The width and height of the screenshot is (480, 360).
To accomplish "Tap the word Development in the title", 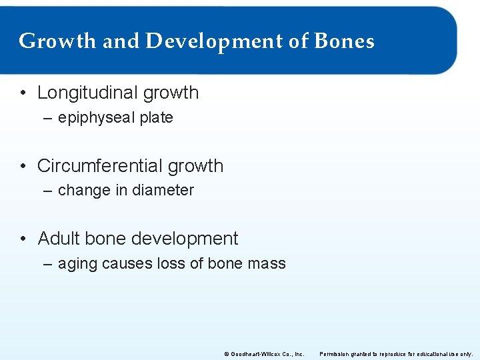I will point(213,41).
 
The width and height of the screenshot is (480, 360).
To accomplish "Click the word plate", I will point(157,118).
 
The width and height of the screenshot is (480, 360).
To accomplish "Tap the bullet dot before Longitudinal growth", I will point(23,93).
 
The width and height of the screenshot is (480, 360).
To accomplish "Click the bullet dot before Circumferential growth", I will point(23,166).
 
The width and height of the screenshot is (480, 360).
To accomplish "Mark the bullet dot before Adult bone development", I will point(23,239).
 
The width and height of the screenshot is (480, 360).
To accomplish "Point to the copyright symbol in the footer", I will point(227,353).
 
